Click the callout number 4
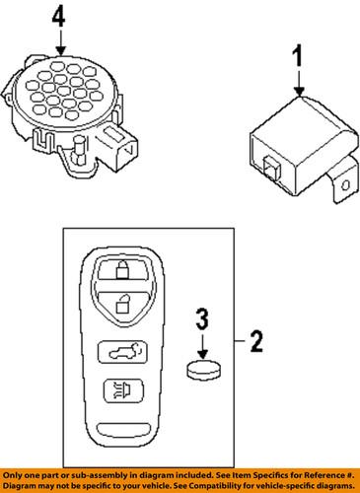click(x=61, y=16)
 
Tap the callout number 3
click(x=201, y=318)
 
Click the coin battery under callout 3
click(x=201, y=373)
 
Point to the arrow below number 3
click(x=201, y=345)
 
